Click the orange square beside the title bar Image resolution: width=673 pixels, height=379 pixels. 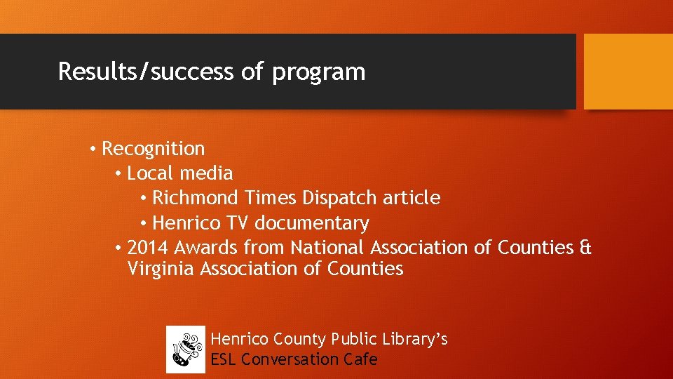pyautogui.click(x=628, y=72)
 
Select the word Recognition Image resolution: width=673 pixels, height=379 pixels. pyautogui.click(x=154, y=149)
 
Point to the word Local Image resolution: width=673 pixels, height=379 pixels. pyautogui.click(x=151, y=173)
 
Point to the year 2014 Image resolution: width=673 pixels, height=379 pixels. pyautogui.click(x=148, y=248)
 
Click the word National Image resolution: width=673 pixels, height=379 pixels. pyautogui.click(x=327, y=248)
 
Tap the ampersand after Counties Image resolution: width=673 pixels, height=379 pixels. pyautogui.click(x=585, y=248)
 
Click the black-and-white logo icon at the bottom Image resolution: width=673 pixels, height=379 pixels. pyautogui.click(x=185, y=350)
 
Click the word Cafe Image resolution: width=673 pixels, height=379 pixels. pyautogui.click(x=360, y=359)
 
